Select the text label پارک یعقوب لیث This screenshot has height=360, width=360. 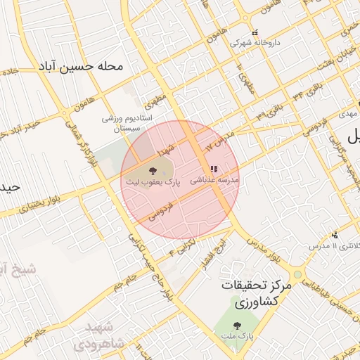153,181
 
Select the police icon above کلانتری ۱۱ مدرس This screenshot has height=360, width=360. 335,235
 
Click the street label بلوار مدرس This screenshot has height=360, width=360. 264,252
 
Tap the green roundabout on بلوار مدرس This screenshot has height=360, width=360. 298,274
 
